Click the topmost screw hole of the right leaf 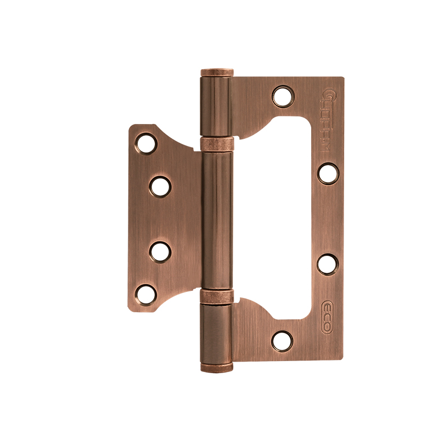pyautogui.click(x=283, y=97)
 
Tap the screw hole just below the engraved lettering pyautogui.click(x=328, y=173)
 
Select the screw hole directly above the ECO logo pyautogui.click(x=328, y=264)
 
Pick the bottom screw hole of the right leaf pyautogui.click(x=283, y=341)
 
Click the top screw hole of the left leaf pyautogui.click(x=147, y=144)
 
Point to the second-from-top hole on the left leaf pyautogui.click(x=160, y=187)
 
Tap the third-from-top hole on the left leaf pyautogui.click(x=160, y=251)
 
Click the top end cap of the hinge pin pyautogui.click(x=217, y=72)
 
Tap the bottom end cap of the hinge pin pyautogui.click(x=217, y=367)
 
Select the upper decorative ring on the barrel pyautogui.click(x=217, y=144)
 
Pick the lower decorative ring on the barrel pyautogui.click(x=217, y=296)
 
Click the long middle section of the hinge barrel pyautogui.click(x=217, y=219)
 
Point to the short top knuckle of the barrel pyautogui.click(x=217, y=107)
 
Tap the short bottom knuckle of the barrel pyautogui.click(x=217, y=332)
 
